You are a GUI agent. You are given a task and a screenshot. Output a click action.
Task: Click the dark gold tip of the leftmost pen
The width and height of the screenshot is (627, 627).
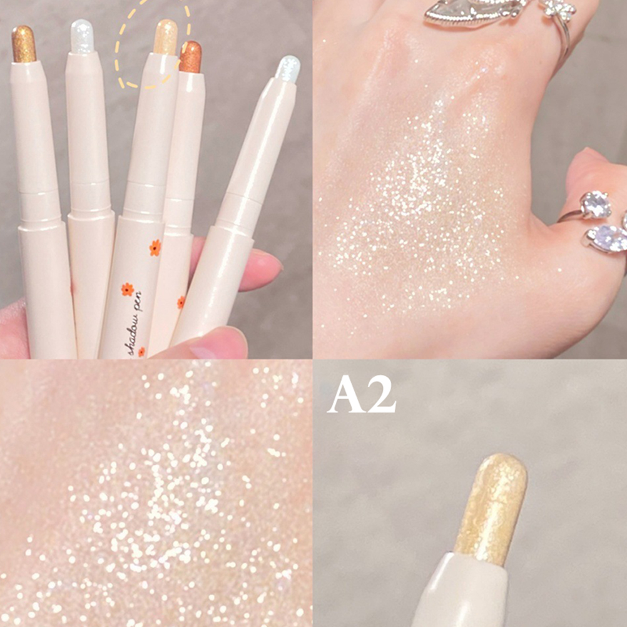(24, 44)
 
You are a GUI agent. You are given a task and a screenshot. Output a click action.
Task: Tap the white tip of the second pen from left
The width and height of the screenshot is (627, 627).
(83, 36)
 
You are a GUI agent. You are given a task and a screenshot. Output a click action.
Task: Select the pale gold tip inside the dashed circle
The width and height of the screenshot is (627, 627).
(166, 37)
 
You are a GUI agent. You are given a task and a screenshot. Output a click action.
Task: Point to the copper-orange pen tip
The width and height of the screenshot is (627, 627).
(190, 57)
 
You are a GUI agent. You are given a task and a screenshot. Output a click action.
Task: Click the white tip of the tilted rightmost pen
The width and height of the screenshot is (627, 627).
(288, 69)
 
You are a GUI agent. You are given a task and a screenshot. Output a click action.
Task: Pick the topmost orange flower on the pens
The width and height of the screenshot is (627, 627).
(155, 248)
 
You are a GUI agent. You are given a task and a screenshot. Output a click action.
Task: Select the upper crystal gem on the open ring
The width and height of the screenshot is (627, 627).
(596, 205)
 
